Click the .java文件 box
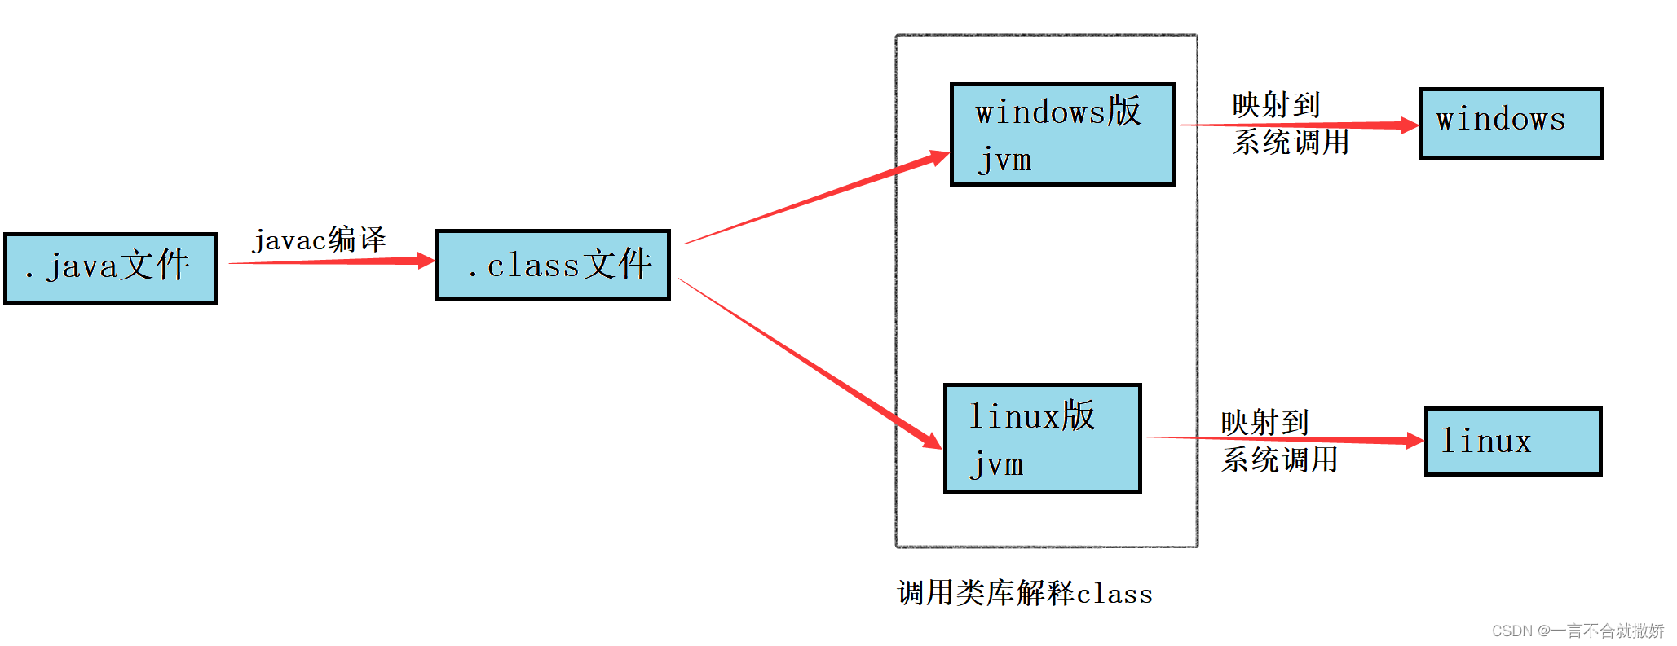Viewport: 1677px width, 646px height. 111,269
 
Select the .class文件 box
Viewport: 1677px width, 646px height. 553,266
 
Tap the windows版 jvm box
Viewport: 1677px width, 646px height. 1062,134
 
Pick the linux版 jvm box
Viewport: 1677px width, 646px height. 1042,439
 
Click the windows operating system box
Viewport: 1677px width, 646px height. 1511,123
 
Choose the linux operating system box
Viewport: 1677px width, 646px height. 1512,442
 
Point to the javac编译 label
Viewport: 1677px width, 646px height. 319,240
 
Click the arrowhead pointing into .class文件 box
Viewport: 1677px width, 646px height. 426,261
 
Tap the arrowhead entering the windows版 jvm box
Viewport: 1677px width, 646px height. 939,157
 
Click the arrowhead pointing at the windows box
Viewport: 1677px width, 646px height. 1410,125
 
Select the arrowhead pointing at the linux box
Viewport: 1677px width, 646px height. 1414,441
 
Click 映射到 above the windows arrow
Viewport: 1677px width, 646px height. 1276,105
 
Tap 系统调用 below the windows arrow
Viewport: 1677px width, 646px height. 1291,143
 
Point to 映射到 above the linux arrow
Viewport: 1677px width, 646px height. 1264,422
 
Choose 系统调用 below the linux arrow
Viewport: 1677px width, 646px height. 1279,460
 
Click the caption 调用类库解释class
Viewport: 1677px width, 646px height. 1025,593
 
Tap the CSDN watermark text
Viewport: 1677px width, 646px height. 1578,631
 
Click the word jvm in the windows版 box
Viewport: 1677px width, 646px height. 1005,160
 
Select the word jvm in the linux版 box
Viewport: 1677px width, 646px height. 997,465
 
